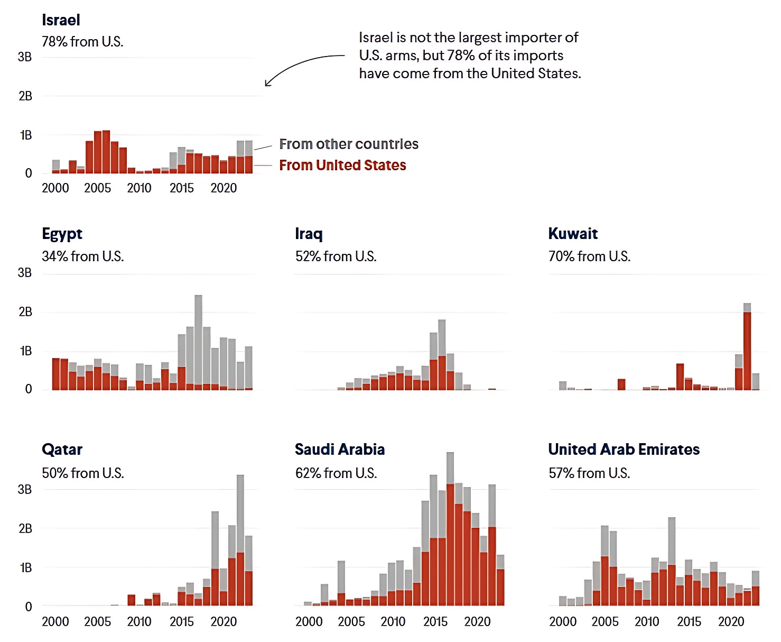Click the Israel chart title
pyautogui.click(x=61, y=20)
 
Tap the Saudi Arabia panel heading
pyautogui.click(x=340, y=450)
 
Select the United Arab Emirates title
pyautogui.click(x=624, y=450)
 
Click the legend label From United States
pyautogui.click(x=342, y=166)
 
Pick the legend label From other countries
pyautogui.click(x=349, y=144)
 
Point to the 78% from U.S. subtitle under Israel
pyautogui.click(x=82, y=42)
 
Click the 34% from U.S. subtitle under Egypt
pyautogui.click(x=82, y=256)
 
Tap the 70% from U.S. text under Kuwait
pyautogui.click(x=589, y=256)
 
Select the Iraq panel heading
pyautogui.click(x=309, y=234)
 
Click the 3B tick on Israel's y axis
pyautogui.click(x=25, y=57)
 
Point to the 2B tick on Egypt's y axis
pyautogui.click(x=25, y=312)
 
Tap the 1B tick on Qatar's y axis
pyautogui.click(x=26, y=568)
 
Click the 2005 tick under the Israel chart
pyautogui.click(x=97, y=188)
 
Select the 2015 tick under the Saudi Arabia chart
pyautogui.click(x=435, y=622)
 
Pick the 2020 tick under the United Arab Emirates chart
pyautogui.click(x=731, y=622)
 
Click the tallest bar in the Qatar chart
pyautogui.click(x=240, y=539)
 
